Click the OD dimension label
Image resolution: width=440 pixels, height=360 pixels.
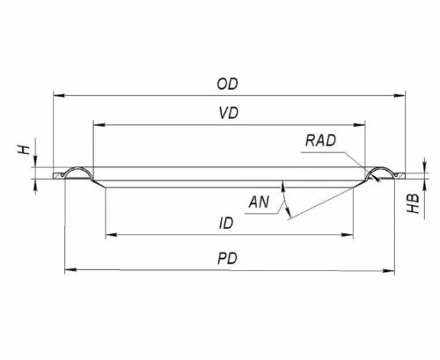coord(227,84)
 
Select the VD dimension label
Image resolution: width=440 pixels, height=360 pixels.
coord(229,114)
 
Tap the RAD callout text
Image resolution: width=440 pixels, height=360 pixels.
coord(320,141)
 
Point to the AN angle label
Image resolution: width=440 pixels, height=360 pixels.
coord(259,202)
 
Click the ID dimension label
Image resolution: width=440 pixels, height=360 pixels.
coord(226,224)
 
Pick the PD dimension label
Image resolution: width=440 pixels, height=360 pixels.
coord(227,259)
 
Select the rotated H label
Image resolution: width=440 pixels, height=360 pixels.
coord(25,150)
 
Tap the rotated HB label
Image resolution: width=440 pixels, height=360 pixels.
coord(414,203)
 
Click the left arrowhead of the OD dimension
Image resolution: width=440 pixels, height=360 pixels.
coord(59,96)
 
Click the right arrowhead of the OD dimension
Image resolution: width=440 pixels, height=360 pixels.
coord(400,96)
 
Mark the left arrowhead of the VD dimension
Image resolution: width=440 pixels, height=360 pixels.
coord(99,125)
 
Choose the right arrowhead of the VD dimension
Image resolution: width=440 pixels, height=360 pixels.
coord(359,125)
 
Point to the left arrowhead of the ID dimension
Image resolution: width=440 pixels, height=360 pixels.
coord(111,235)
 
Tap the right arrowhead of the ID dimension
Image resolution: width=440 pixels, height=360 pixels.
coord(347,235)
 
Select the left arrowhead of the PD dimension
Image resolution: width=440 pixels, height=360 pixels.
coord(70,269)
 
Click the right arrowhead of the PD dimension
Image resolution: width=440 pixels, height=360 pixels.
coord(389,270)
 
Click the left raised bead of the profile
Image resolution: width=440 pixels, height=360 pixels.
coord(78,168)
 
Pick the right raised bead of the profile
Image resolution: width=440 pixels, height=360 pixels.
coord(381,168)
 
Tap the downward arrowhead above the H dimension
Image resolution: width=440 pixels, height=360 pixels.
coord(36,161)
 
